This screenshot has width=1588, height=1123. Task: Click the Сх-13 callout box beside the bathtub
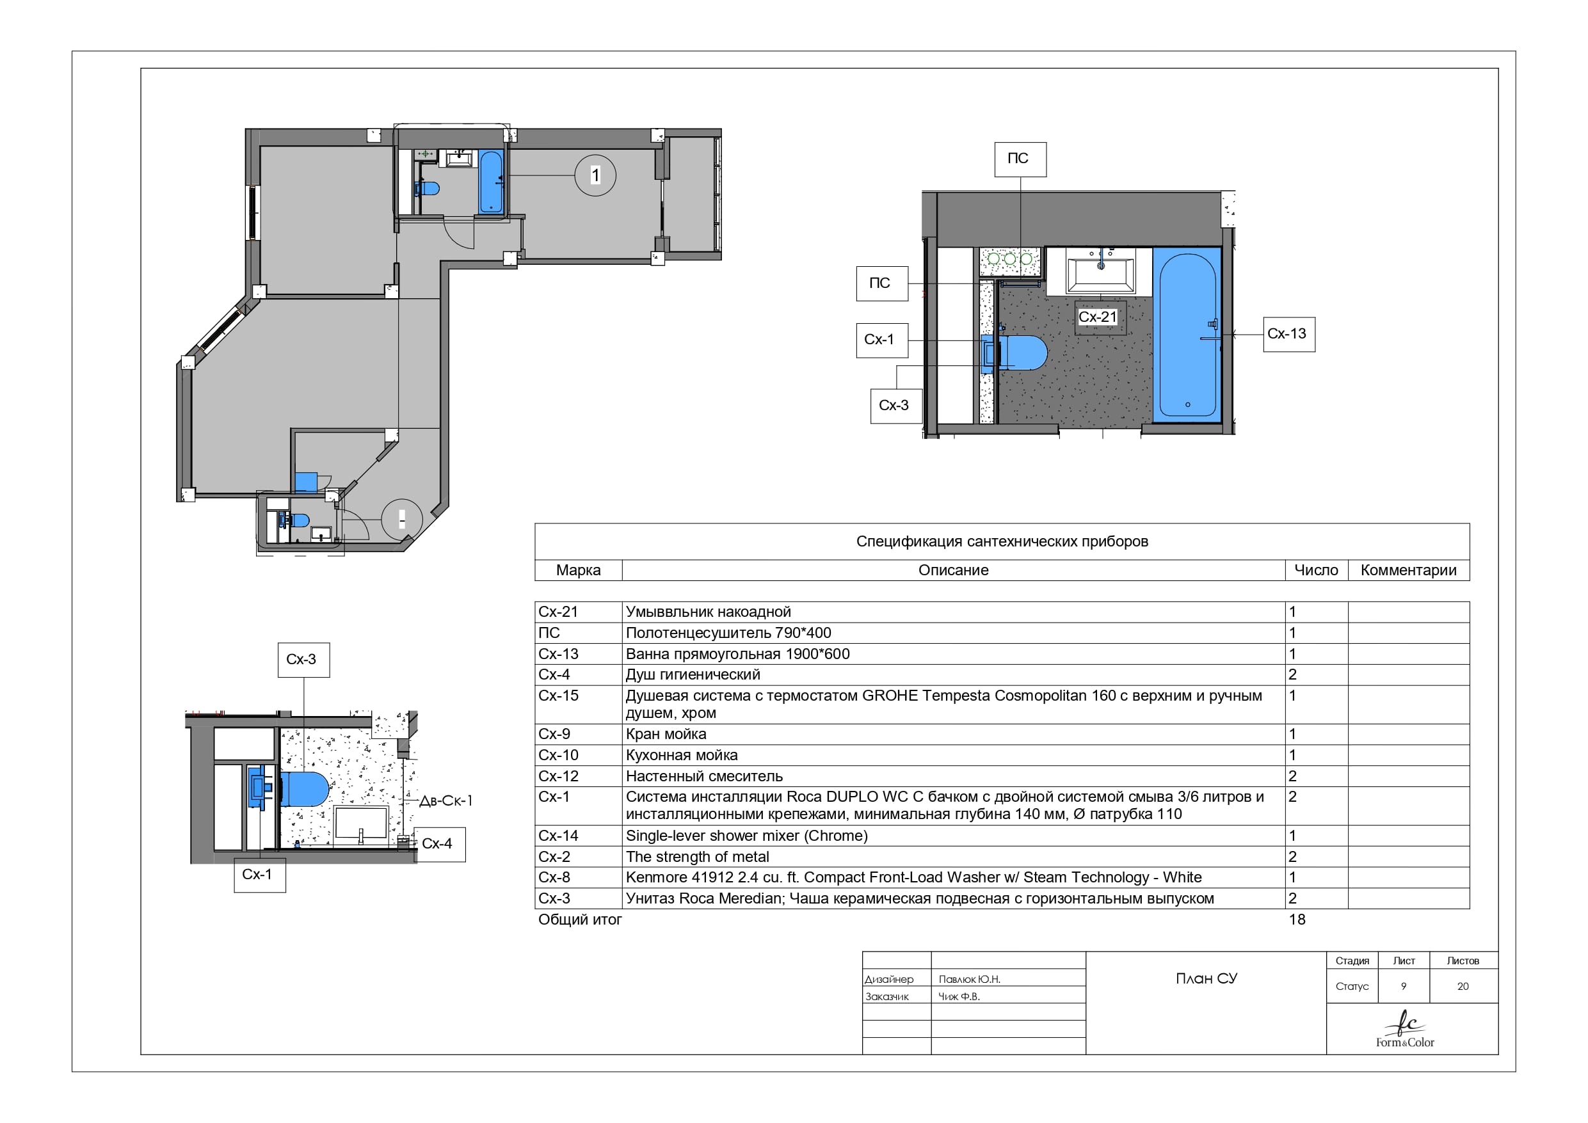pos(1288,335)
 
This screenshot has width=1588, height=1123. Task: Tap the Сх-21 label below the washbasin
pos(1098,317)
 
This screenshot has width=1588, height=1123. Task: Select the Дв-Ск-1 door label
pos(446,800)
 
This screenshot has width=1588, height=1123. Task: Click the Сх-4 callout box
pos(440,844)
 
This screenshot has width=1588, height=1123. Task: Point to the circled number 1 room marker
pos(595,175)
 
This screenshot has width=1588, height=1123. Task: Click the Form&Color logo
pos(1405,1029)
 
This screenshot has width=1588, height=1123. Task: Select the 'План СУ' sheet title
pos(1207,978)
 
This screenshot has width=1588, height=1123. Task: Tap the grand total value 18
pos(1297,920)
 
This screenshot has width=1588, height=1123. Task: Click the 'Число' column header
pos(1316,571)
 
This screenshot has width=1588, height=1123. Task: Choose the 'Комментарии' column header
pos(1408,571)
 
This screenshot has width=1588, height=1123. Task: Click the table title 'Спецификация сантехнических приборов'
pos(1002,541)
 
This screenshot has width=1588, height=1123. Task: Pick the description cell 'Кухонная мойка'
pos(682,755)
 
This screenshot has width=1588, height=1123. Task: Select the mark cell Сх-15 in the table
pos(558,696)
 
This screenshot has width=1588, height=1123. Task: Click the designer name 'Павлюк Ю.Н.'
pos(969,979)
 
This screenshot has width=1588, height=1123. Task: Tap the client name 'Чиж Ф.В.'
pos(959,996)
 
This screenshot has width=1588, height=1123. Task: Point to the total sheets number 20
pos(1463,987)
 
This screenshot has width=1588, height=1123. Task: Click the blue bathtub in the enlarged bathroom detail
pos(1187,335)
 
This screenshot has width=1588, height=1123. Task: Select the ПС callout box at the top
pos(1020,160)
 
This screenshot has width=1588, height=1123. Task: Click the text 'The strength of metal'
pos(697,857)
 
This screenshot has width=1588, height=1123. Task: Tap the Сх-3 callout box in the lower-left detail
pos(303,660)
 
